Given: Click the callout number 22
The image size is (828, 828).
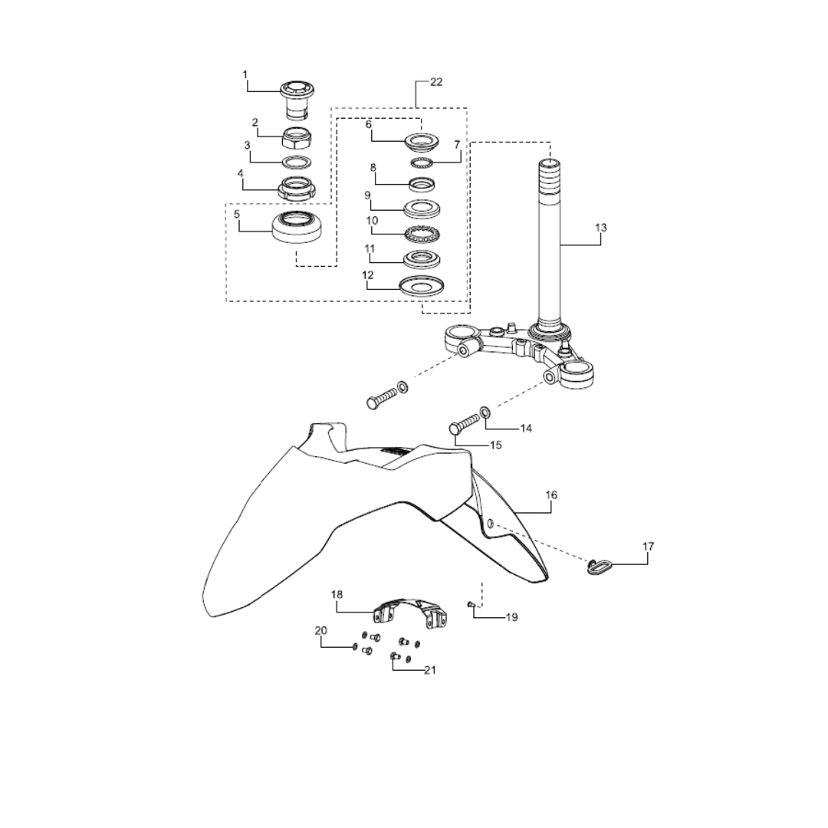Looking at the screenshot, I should [435, 83].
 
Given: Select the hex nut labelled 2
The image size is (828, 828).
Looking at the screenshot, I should [297, 138].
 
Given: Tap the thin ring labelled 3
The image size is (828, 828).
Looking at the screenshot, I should [296, 162].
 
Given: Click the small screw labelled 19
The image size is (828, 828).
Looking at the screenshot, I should [472, 605].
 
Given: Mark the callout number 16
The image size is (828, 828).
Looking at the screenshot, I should [551, 495].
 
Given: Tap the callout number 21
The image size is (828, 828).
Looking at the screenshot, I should [429, 670].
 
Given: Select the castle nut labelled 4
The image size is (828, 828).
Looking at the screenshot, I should [297, 188].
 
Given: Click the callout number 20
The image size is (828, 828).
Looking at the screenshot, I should [320, 630].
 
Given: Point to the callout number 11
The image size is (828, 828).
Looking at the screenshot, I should [370, 248].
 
